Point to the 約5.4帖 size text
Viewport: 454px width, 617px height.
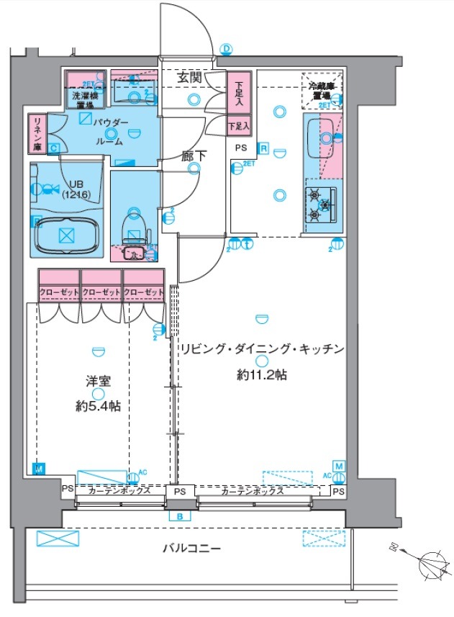(98, 406)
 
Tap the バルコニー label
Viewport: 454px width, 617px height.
(191, 549)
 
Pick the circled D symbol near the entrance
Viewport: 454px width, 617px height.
(227, 49)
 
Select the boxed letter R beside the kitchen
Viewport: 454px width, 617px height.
(264, 149)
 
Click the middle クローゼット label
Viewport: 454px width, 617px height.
(101, 292)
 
